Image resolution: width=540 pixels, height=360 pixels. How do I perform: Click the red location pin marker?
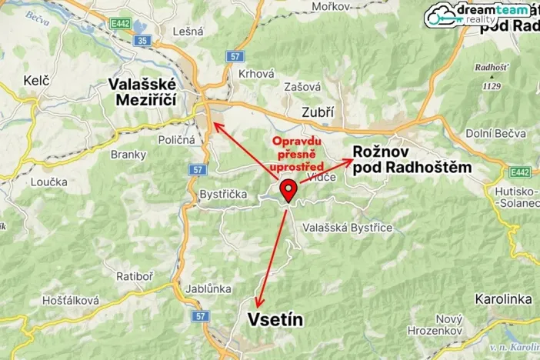[x=288, y=189]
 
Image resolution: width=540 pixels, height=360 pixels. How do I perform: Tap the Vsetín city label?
[x=275, y=319]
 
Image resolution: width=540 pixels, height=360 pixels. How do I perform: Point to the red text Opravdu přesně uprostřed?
[x=297, y=154]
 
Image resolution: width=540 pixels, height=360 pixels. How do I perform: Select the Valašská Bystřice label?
[x=348, y=228]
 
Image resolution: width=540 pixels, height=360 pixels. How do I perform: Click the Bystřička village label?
[x=223, y=195]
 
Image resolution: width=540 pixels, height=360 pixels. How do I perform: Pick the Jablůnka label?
[x=208, y=288]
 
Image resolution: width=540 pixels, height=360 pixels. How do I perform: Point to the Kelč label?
[x=36, y=80]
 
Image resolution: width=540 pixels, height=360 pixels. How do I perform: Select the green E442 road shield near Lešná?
[x=120, y=24]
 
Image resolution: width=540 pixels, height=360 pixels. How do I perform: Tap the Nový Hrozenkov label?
[x=438, y=325]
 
